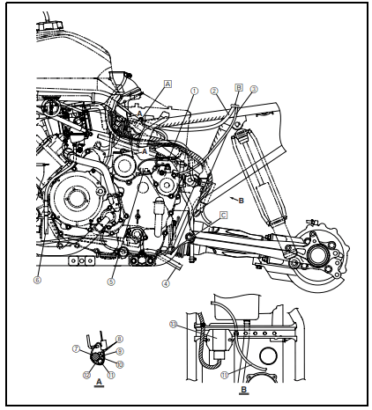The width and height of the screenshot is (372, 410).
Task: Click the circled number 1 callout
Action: [195, 91]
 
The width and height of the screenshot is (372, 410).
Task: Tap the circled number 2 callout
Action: [214, 91]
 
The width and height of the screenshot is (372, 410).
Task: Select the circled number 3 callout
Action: [253, 89]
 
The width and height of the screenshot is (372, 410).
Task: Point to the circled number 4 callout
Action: [165, 282]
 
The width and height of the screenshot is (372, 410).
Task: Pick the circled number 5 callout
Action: [111, 282]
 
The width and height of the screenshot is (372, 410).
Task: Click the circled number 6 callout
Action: [37, 281]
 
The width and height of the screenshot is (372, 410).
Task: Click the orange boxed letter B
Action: [239, 88]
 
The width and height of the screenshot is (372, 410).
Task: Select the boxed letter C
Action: [224, 215]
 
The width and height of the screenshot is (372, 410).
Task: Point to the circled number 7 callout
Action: [77, 348]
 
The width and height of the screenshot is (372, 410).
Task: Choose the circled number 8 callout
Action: [120, 339]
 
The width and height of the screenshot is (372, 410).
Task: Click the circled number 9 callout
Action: [120, 351]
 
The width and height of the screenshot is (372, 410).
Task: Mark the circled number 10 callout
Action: [120, 363]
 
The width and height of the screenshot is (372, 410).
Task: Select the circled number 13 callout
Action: [174, 324]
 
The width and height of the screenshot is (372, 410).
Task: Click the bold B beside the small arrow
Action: [241, 201]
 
